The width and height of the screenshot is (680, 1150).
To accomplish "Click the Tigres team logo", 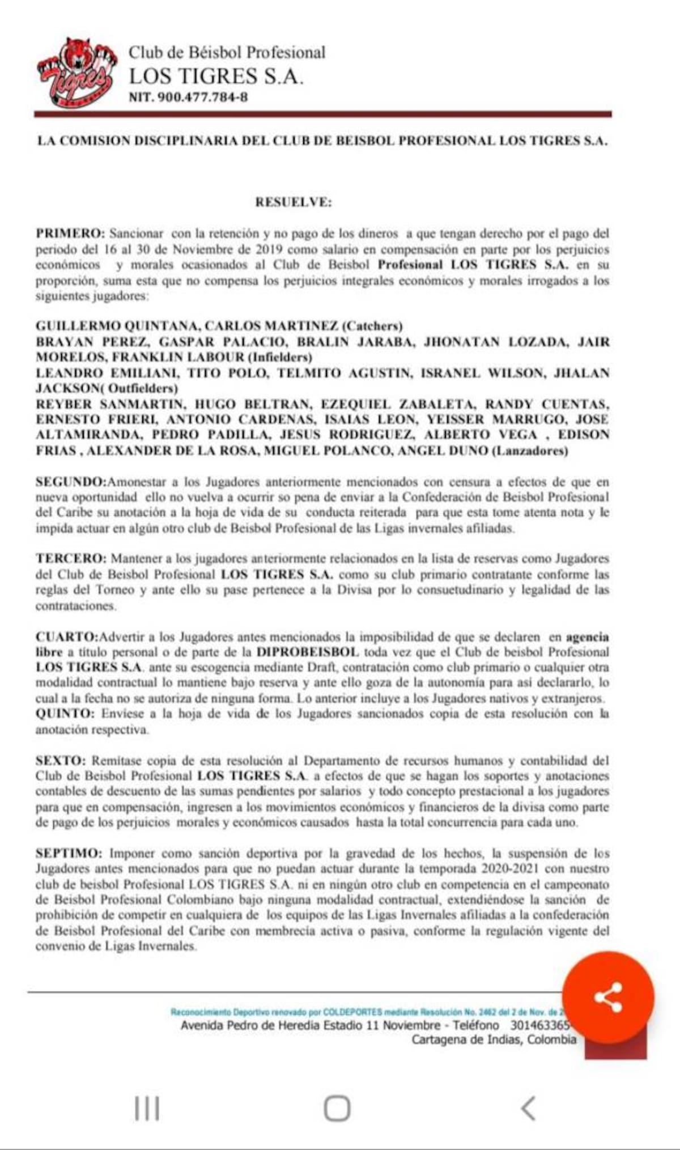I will tap(77, 71).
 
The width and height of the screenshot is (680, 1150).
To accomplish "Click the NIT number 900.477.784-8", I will tap(188, 97).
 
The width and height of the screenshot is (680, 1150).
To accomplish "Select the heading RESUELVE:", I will tap(293, 202).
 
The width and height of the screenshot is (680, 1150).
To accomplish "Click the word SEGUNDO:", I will tap(71, 482).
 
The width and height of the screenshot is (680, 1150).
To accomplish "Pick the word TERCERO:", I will tap(71, 558).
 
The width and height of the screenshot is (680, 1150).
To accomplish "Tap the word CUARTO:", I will tap(67, 636).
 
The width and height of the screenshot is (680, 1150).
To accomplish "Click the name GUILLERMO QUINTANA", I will tap(117, 326).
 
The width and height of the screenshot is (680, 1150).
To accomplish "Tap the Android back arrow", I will tap(528, 1108).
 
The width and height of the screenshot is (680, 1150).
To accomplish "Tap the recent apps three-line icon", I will tap(147, 1108).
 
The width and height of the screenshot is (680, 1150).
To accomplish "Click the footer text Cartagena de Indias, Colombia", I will tap(494, 1039).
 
